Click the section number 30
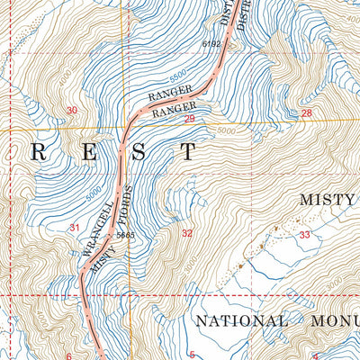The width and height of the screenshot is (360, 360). [72, 110]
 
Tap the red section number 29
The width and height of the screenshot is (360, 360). [190, 119]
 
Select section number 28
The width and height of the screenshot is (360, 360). [306, 112]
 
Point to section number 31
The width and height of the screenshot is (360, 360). [75, 227]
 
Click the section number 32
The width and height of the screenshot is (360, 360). [186, 233]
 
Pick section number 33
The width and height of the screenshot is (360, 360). [304, 235]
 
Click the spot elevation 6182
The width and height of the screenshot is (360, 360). [211, 43]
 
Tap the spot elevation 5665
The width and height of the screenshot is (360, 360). [125, 235]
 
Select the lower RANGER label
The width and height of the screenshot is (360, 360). [174, 112]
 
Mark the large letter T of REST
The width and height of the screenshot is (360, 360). [187, 152]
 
